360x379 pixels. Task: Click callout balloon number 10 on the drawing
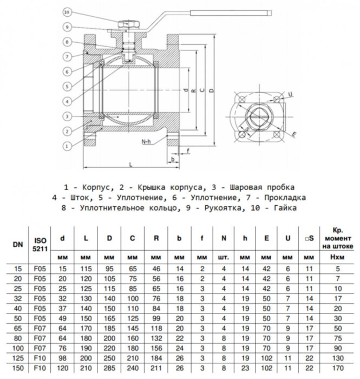point(66,11)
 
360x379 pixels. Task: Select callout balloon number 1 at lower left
point(66,145)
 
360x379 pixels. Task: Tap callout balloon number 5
point(66,86)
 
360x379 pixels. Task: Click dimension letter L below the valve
point(131,163)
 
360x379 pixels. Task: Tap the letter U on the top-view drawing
point(291,95)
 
